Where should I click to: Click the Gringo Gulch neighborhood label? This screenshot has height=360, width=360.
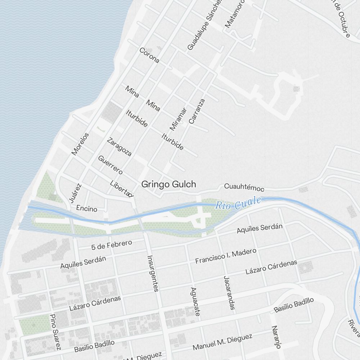point(168,184)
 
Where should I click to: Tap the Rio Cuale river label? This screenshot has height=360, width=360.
point(238,204)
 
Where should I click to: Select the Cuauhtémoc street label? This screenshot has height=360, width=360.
point(244,187)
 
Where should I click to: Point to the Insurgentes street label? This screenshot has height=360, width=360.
point(153,273)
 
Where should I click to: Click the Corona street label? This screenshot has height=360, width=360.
point(149,55)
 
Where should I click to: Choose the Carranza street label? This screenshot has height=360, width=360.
point(197,111)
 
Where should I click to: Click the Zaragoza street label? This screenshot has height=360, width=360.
point(119,147)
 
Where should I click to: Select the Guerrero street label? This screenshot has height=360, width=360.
point(110,165)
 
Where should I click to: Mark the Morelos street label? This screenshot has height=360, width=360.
point(80,144)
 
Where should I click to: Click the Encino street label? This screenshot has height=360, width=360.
point(87,208)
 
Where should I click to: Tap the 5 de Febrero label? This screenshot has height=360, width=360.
point(112,244)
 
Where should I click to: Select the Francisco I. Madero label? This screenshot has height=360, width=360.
point(225,256)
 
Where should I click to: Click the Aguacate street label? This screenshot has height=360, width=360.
point(195,302)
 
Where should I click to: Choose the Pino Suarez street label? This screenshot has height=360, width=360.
point(55,332)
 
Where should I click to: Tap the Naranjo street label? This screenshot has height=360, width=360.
point(276,337)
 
